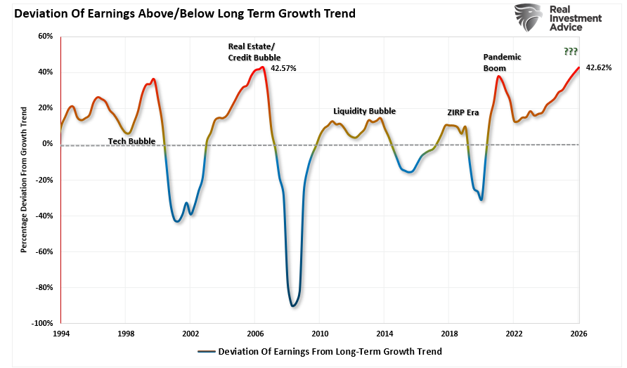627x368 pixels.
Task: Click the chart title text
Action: [181, 13]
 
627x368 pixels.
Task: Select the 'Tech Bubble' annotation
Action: [131, 141]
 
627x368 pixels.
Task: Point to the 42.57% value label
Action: [283, 69]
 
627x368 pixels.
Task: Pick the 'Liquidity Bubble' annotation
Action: [364, 111]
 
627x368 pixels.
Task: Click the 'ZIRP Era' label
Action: [463, 112]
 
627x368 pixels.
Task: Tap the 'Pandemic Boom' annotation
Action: [502, 63]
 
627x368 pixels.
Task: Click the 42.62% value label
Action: [599, 68]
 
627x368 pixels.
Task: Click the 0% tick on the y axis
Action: [48, 144]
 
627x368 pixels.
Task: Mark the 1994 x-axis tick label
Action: [61, 334]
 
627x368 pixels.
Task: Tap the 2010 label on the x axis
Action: [320, 334]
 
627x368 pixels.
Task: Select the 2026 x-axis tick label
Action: [578, 334]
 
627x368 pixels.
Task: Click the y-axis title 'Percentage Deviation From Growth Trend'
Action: [24, 180]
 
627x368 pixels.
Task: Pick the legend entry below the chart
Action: [320, 351]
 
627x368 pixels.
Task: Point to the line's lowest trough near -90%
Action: [292, 305]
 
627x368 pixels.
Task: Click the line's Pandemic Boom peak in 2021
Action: [498, 77]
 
